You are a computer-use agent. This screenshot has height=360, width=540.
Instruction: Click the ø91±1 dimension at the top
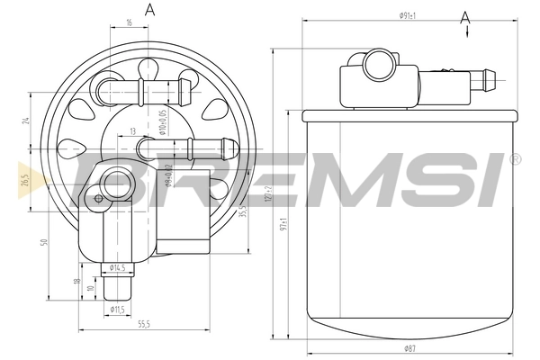[413, 15]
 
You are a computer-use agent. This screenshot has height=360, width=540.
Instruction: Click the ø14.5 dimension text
[117, 267]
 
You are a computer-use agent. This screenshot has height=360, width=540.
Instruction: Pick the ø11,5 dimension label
[117, 310]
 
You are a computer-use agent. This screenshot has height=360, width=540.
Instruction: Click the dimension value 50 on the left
[43, 243]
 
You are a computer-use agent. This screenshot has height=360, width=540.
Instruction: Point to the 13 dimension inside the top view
[133, 131]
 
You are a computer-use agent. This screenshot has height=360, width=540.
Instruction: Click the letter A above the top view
[149, 10]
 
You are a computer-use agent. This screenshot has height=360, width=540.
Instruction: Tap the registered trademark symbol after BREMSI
[515, 159]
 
